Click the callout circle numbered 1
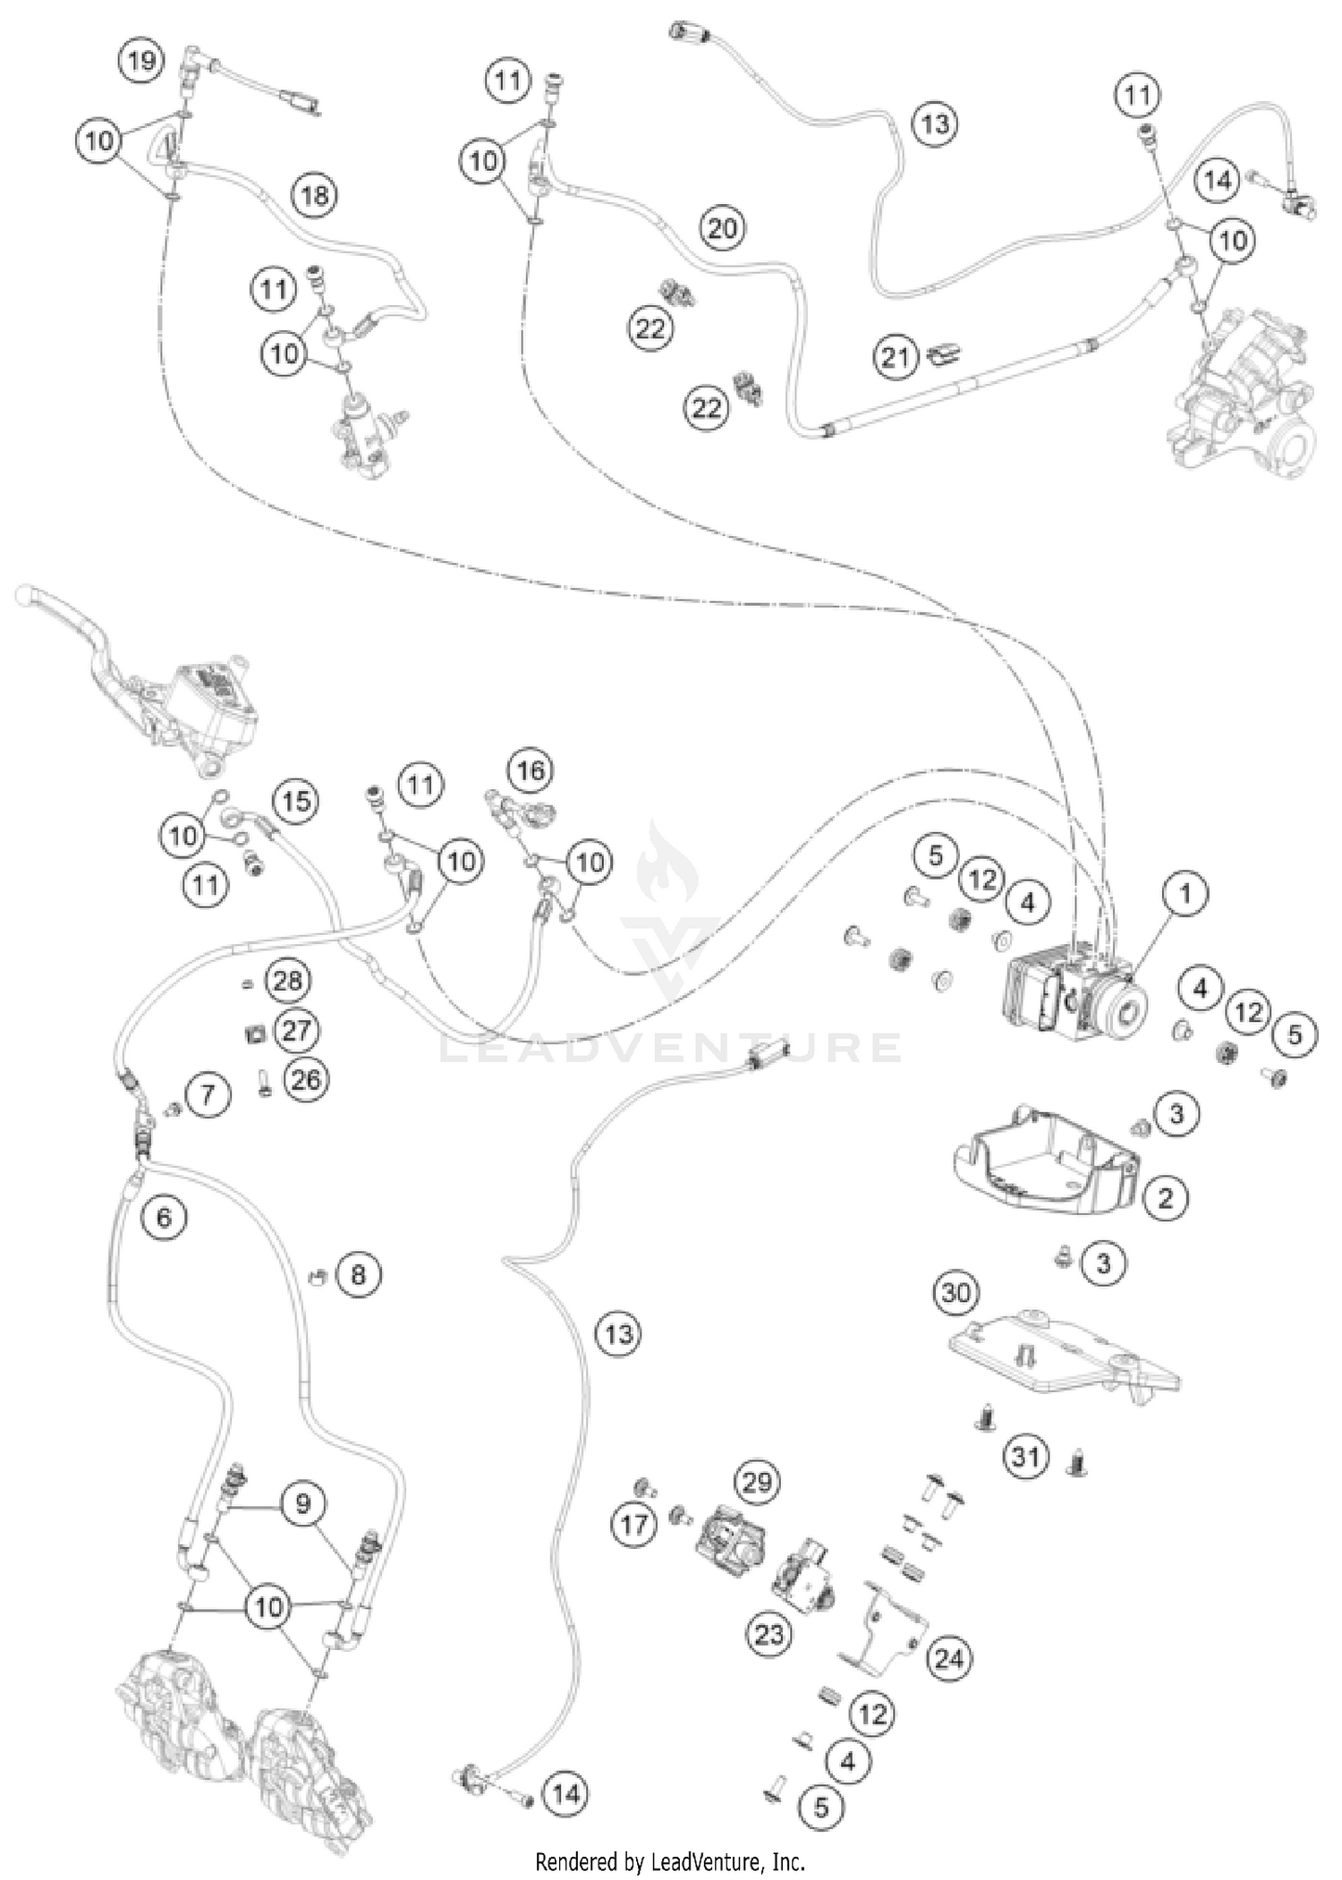[1185, 894]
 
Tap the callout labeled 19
[141, 62]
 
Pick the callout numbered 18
[315, 194]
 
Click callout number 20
[722, 228]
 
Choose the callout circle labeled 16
[531, 770]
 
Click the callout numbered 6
[164, 1217]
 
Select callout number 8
[358, 1273]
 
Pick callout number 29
[757, 1483]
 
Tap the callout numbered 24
[949, 1659]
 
